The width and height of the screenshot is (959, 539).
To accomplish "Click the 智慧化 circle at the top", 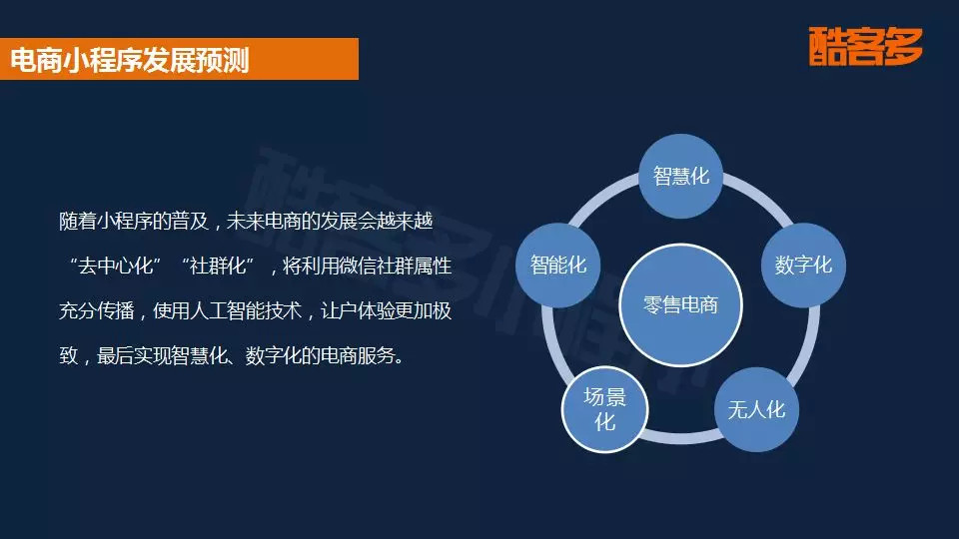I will coord(681,177).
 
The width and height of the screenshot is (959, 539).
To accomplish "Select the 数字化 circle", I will coord(803,266).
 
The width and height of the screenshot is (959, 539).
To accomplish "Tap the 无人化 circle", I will coord(756,410).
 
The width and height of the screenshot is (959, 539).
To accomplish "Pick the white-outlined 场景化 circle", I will coord(605,410).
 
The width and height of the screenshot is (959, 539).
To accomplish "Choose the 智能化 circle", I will coord(558,266).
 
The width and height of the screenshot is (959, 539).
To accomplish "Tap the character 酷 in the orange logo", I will coord(829,48).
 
